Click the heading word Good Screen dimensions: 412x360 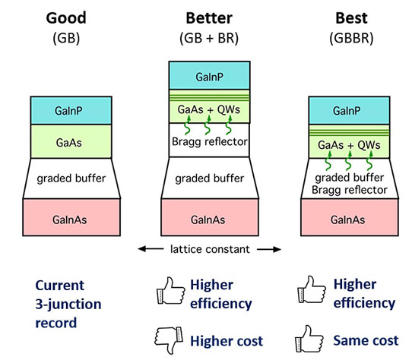pyautogui.click(x=66, y=18)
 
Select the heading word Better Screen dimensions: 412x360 pyautogui.click(x=209, y=18)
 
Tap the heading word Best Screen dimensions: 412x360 pyautogui.click(x=351, y=18)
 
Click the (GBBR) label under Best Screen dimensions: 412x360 pyautogui.click(x=351, y=38)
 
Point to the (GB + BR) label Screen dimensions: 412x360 pyautogui.click(x=209, y=38)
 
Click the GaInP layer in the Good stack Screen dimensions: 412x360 pyautogui.click(x=71, y=111)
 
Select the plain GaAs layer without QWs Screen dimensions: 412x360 pyautogui.click(x=71, y=141)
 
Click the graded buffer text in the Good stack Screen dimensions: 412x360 pyautogui.click(x=71, y=178)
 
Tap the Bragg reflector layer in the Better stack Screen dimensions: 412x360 pyautogui.click(x=209, y=140)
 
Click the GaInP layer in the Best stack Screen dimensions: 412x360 pyautogui.click(x=349, y=111)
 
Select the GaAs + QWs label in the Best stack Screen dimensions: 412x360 pyautogui.click(x=349, y=145)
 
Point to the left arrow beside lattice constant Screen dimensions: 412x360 pyautogui.click(x=151, y=249)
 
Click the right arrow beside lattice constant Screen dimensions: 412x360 pyautogui.click(x=269, y=249)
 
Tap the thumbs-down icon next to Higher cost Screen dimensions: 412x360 pyautogui.click(x=169, y=339)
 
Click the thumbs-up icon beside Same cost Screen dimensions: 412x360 pyautogui.click(x=309, y=339)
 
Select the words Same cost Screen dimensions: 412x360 pyautogui.click(x=366, y=340)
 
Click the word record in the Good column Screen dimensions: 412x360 pyautogui.click(x=56, y=323)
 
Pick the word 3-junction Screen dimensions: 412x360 pyautogui.click(x=68, y=305)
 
